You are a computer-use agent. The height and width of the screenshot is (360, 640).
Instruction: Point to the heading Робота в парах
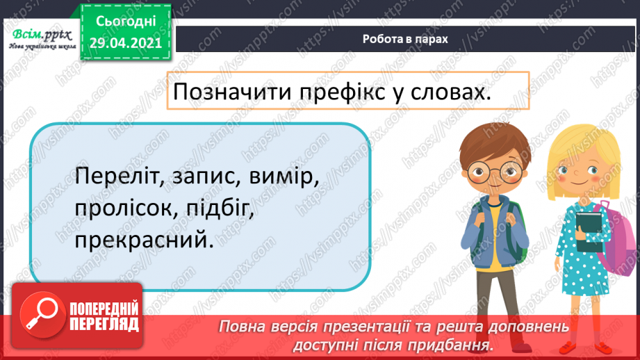[405, 40]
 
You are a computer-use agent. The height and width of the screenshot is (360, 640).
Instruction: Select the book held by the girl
[589, 231]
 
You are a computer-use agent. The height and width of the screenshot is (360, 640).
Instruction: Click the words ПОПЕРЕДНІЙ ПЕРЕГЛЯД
[104, 316]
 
